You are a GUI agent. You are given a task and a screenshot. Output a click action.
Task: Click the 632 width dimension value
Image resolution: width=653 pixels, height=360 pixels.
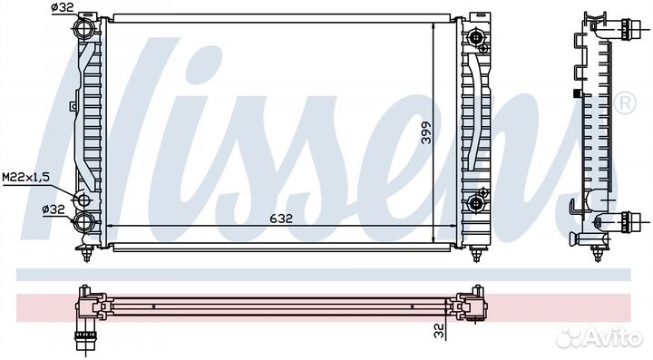coord(281,218)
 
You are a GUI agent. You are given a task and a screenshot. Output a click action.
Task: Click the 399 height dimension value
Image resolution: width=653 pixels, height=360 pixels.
coord(426,132)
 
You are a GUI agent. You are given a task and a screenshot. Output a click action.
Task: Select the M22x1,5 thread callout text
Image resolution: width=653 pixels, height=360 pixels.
coord(25,178)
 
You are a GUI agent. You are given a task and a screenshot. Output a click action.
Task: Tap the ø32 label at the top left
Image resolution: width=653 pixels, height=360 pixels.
coord(63,7)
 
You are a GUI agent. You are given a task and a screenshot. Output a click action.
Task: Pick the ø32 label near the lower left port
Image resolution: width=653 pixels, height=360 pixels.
coord(54,209)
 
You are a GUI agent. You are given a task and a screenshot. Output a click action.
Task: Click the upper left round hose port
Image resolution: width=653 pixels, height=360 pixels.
coord(84,28)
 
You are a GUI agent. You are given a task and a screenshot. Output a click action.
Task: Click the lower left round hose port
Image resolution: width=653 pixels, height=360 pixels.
coord(84,221)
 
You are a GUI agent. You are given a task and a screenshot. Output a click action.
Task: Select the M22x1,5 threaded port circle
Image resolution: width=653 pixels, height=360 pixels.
coord(83,200)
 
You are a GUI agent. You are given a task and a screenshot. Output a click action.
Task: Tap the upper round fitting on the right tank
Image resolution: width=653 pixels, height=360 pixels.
coord(475,38)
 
